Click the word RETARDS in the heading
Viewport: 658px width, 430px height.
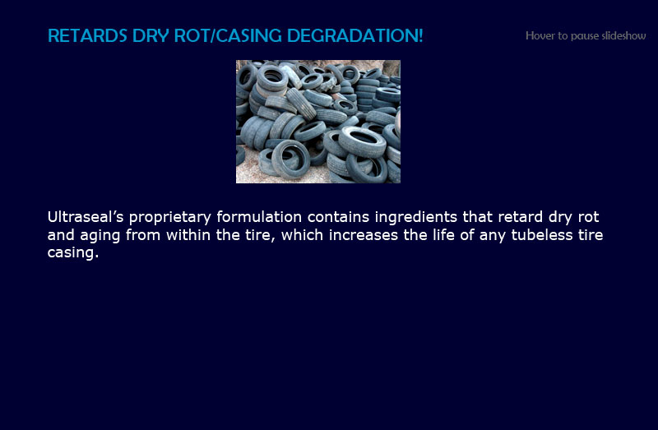pyautogui.click(x=87, y=35)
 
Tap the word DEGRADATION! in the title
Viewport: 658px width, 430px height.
pyautogui.click(x=355, y=35)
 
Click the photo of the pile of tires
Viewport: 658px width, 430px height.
pyautogui.click(x=318, y=122)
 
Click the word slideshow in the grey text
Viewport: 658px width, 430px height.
pyautogui.click(x=624, y=35)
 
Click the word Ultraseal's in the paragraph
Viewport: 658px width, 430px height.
pyautogui.click(x=86, y=217)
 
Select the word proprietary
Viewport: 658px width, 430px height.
pyautogui.click(x=170, y=218)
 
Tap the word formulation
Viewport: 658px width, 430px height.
pyautogui.click(x=259, y=217)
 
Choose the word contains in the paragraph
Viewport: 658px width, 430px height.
pyautogui.click(x=338, y=217)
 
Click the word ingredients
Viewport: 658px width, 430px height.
pyautogui.click(x=416, y=218)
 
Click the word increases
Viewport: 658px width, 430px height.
pyautogui.click(x=364, y=234)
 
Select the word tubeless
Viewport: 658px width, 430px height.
pyautogui.click(x=542, y=234)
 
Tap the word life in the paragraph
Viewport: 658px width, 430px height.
pyautogui.click(x=443, y=234)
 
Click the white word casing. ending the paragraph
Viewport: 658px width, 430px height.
pyautogui.click(x=73, y=253)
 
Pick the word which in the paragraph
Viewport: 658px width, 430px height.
pyautogui.click(x=302, y=234)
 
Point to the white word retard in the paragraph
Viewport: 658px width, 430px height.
pyautogui.click(x=521, y=217)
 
